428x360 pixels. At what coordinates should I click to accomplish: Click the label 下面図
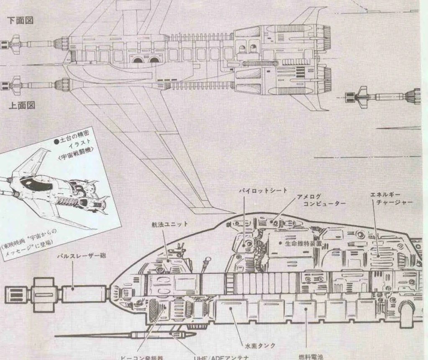pos(20,20)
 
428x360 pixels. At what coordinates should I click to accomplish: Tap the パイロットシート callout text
pos(263,191)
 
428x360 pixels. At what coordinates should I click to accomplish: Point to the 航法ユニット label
pos(169,225)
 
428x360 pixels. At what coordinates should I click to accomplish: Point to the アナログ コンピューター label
pos(321,199)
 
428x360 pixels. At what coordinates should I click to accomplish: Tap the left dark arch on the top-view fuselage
pos(137,59)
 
